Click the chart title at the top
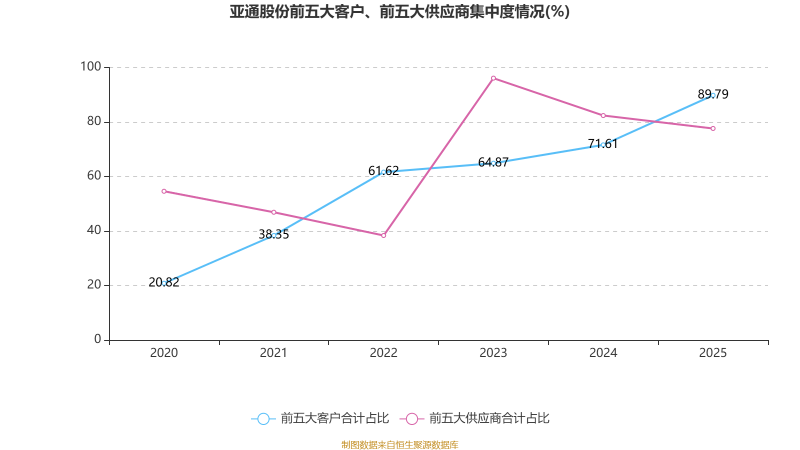[399, 12]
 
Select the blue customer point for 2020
[164, 283]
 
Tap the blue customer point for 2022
[383, 172]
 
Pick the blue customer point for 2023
[493, 163]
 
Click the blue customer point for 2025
[713, 95]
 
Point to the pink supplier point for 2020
[164, 191]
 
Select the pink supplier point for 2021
[274, 212]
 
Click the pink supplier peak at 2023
[493, 78]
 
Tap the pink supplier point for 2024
[603, 115]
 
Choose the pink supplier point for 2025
[713, 128]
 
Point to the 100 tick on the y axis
[91, 66]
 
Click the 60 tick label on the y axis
[94, 176]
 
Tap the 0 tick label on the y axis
[97, 339]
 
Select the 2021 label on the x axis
[273, 353]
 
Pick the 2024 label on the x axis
[603, 353]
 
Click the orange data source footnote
[399, 444]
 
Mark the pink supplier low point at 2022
[383, 235]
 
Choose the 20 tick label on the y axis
[94, 285]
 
